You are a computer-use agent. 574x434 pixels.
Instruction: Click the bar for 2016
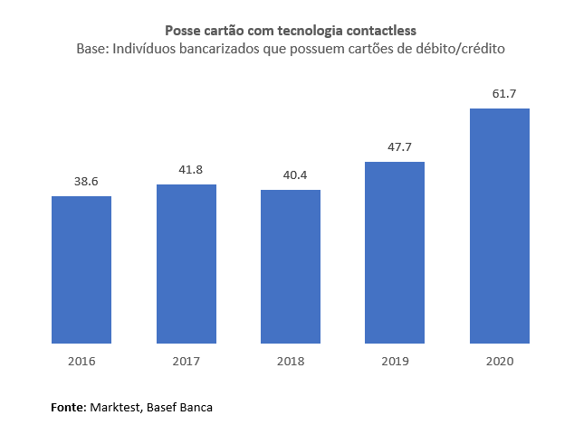81,269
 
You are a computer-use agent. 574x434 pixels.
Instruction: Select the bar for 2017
187,264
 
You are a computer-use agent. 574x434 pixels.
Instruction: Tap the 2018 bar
291,267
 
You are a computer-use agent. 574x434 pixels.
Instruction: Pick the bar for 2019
395,253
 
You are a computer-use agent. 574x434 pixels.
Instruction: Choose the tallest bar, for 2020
500,226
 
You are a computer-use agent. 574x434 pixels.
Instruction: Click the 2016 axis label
81,362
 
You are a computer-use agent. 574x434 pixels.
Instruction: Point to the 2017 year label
187,362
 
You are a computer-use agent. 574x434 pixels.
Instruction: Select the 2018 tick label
291,362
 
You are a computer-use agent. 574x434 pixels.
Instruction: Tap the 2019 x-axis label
395,362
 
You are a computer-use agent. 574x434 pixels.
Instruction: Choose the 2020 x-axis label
500,362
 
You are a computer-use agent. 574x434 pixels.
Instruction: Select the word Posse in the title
182,32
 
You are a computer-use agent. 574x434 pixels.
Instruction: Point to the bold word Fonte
67,408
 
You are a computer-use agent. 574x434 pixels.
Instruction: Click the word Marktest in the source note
114,408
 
